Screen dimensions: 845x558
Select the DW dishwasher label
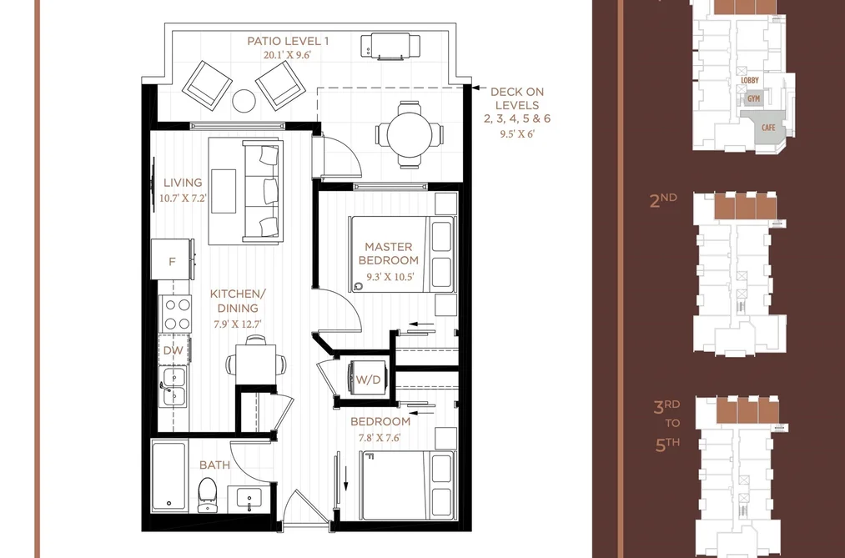(x=173, y=350)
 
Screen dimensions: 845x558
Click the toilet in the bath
(x=206, y=495)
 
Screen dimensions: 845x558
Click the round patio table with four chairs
(x=409, y=133)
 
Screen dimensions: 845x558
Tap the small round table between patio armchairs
(x=244, y=100)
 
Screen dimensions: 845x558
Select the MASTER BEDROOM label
(x=389, y=254)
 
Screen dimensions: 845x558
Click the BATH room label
(x=214, y=465)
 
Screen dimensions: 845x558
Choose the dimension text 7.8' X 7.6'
(x=380, y=438)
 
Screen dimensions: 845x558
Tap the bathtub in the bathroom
(x=169, y=476)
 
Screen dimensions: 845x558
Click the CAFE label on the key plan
(x=768, y=128)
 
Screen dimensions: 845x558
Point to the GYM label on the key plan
(x=754, y=99)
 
